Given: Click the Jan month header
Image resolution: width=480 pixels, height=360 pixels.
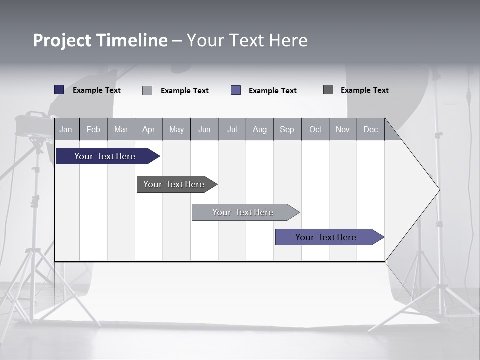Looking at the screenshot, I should coord(66,129).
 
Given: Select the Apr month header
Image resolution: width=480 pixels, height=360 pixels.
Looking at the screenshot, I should coord(148,129).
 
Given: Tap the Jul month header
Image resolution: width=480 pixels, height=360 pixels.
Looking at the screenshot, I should coord(232,129).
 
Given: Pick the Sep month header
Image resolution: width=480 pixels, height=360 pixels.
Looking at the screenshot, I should coord(287,129).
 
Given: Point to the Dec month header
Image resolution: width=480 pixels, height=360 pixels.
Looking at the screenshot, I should coord(370,129).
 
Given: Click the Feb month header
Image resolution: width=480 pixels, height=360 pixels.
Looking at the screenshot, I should coord(93,129).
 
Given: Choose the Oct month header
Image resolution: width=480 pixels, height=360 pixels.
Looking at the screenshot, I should coord(315,129).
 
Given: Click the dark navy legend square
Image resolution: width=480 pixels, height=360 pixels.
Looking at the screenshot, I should coord(59,90).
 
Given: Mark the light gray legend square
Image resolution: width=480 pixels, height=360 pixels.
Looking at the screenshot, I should coord(147,90).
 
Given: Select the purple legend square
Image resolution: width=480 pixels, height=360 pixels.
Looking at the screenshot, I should coord(236,90).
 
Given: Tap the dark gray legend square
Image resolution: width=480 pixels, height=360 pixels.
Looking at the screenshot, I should coord(328,90).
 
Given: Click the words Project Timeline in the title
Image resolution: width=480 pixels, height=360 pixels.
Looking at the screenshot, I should coord(100,40).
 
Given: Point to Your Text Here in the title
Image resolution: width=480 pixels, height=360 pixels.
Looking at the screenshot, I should coord(247,40).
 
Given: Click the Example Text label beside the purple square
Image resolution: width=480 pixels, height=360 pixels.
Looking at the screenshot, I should coord(273,91).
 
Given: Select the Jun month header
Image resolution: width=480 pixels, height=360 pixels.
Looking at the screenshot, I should coord(204,129).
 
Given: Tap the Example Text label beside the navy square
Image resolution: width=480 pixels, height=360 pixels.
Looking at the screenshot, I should coord(97,90).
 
